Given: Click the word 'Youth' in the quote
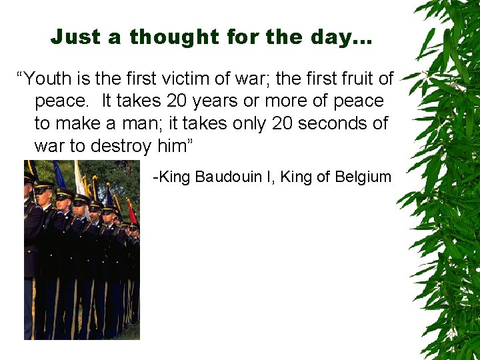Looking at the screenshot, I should [52, 79].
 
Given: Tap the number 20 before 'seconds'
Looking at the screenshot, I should [282, 123].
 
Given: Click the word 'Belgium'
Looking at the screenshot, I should [363, 177].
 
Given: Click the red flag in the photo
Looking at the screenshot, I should [131, 212].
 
